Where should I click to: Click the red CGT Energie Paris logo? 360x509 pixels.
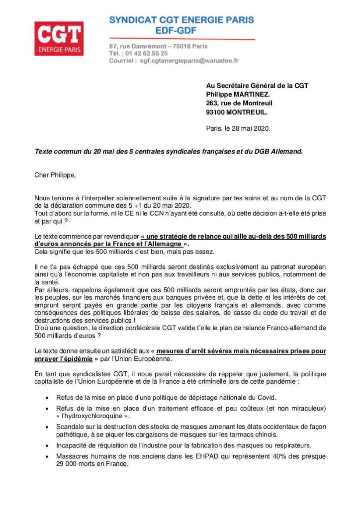(x=59, y=38)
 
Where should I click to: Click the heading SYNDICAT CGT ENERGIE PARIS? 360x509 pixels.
(x=181, y=20)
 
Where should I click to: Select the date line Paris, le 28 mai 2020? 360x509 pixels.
(x=238, y=128)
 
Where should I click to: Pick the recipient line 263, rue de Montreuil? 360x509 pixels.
(x=239, y=103)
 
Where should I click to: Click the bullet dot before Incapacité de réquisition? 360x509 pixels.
(x=47, y=445)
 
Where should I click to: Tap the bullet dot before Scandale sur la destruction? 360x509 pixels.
(x=47, y=426)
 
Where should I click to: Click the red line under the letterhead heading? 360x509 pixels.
(x=181, y=39)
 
